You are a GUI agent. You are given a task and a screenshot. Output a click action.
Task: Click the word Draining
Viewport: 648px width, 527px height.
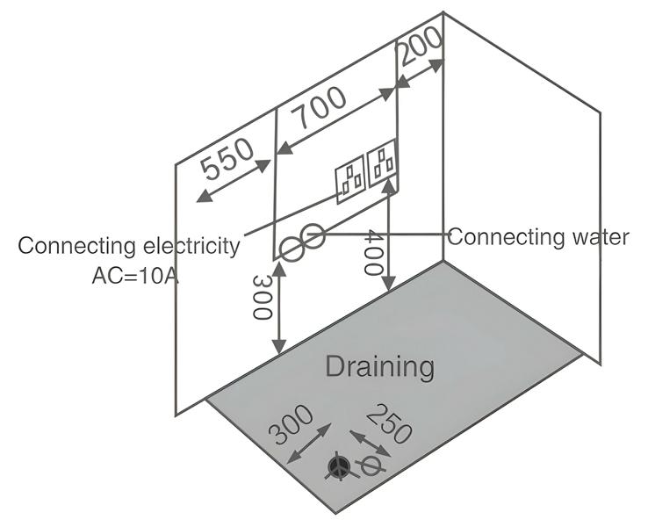pyautogui.click(x=379, y=365)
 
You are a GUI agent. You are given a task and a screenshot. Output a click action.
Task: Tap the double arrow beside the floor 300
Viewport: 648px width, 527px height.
pyautogui.click(x=308, y=444)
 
